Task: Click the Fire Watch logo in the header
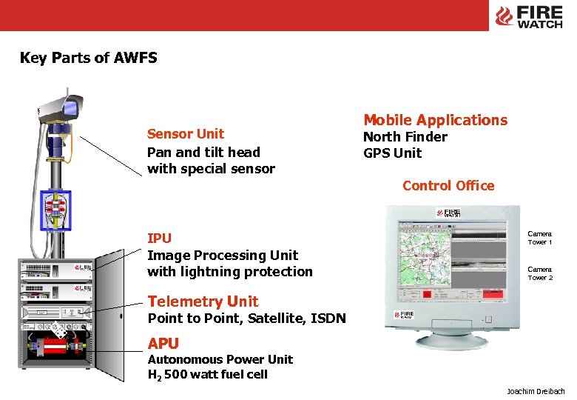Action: [x=529, y=16]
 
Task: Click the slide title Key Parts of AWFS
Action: [x=88, y=58]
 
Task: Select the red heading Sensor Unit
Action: [x=185, y=134]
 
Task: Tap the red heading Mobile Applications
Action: [x=435, y=120]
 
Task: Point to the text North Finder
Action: [x=405, y=137]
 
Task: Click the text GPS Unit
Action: [x=392, y=153]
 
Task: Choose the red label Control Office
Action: [x=448, y=186]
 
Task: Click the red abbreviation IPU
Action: [x=159, y=239]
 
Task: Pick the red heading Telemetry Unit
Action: [x=203, y=301]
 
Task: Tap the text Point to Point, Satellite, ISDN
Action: [x=246, y=319]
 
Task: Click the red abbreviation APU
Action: [x=163, y=344]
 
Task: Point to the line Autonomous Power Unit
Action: [x=220, y=359]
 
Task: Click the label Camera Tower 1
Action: [x=539, y=238]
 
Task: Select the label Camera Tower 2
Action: [x=539, y=273]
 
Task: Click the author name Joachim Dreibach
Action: [x=536, y=391]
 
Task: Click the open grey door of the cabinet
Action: [x=112, y=311]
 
